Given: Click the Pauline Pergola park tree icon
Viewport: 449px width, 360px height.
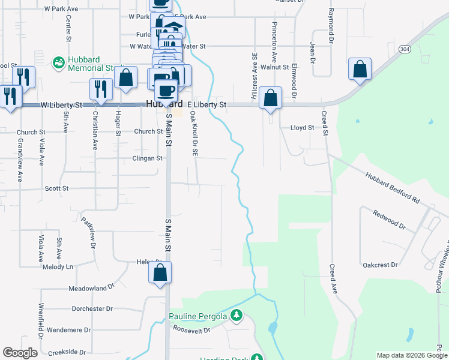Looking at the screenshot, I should (x=237, y=316).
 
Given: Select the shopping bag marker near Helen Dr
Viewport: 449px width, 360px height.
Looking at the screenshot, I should (x=160, y=273).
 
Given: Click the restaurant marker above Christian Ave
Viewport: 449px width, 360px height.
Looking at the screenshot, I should (x=101, y=90).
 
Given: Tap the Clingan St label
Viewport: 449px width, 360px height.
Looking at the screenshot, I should (x=148, y=158).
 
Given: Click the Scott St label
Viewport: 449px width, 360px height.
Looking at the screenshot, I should (x=57, y=188).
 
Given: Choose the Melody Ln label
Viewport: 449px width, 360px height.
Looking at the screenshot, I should (x=58, y=266).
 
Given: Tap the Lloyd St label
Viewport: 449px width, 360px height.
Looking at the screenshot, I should (x=302, y=128).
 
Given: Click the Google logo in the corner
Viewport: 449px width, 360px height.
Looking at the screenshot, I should (x=20, y=353).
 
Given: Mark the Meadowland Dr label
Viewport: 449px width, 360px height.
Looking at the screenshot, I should (x=91, y=287).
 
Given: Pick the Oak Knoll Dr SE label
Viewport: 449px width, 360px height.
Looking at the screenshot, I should (x=193, y=133).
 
